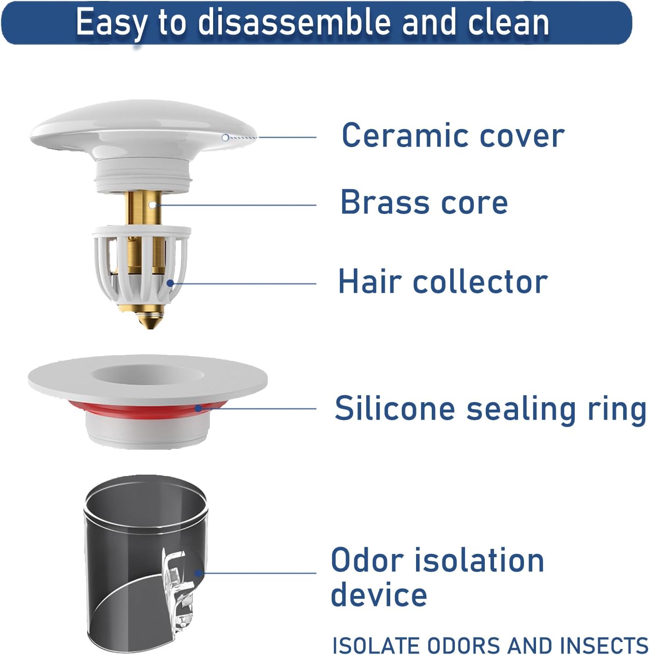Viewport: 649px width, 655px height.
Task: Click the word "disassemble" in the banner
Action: [x=295, y=22]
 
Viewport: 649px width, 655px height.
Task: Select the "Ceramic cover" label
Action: [x=453, y=135]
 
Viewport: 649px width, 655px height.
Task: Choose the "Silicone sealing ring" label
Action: [x=490, y=408]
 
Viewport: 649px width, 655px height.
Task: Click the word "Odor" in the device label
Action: [x=367, y=560]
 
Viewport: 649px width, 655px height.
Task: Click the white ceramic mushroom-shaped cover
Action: [x=143, y=127]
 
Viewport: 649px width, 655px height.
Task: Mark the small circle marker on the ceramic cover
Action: [x=225, y=137]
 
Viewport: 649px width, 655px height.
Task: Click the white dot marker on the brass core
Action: [x=152, y=205]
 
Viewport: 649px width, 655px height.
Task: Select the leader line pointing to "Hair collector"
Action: [x=243, y=283]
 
